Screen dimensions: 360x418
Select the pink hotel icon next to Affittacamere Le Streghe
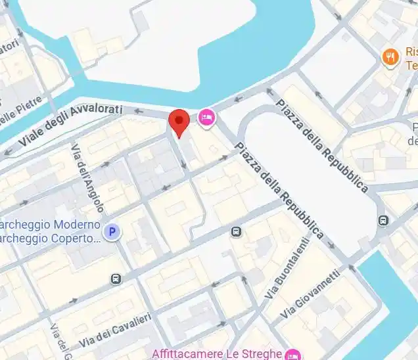point(292,353)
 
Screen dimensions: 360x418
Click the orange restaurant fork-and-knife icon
point(390,58)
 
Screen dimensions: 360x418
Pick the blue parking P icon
point(114,232)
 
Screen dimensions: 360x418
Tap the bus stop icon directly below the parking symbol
point(116,279)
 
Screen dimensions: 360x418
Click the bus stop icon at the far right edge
point(383,221)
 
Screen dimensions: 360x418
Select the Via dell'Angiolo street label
point(88,178)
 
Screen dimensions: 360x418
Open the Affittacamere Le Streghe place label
point(217,353)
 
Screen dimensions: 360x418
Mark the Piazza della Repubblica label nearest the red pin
point(279,191)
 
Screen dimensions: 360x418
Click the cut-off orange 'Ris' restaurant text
point(411,53)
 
